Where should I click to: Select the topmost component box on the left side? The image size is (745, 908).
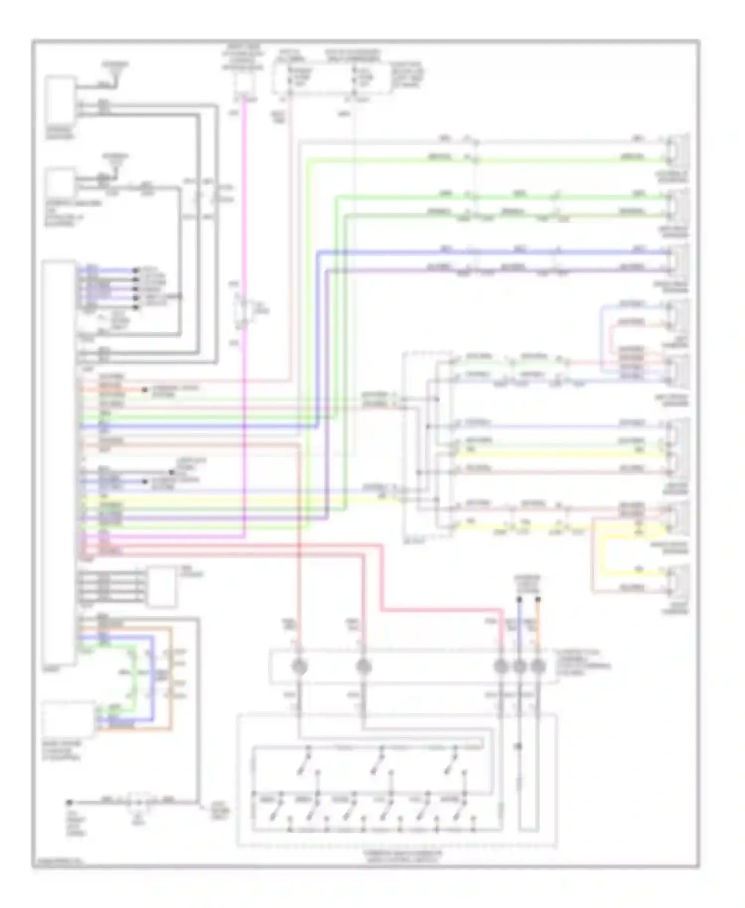61,100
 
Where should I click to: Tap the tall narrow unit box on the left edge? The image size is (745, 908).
59,462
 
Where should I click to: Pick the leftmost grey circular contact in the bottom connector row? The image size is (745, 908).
299,667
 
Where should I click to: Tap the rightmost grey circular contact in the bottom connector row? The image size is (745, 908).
538,667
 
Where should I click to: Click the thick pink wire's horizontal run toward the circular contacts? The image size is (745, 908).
437,609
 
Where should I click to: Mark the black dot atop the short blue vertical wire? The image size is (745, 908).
520,599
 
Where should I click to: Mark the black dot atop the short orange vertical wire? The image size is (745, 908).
538,599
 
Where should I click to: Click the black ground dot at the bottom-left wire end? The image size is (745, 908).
70,802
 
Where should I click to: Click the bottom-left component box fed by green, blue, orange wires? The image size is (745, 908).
68,719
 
